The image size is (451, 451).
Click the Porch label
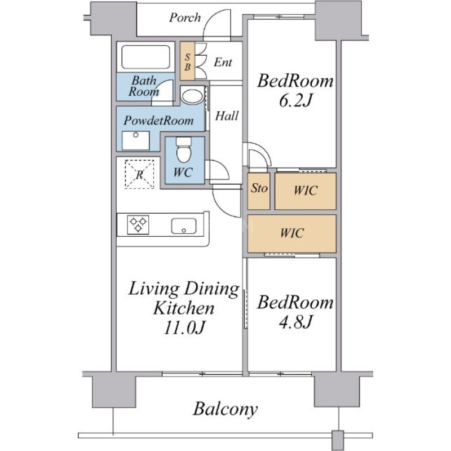tap(185, 18)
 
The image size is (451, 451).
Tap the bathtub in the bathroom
tap(145, 57)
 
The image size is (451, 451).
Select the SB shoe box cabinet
tap(187, 61)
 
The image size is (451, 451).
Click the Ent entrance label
tap(223, 62)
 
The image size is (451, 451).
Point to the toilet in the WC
tap(184, 149)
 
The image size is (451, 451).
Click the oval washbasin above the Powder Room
tap(192, 96)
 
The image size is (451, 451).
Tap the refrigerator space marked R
tap(139, 174)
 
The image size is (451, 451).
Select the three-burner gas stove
tap(138, 224)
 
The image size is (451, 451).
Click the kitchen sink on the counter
tap(184, 226)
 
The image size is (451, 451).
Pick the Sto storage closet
tap(259, 191)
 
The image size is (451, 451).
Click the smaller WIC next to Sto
tap(306, 191)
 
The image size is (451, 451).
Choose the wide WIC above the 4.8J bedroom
tap(291, 233)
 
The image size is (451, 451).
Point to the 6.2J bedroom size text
tap(295, 101)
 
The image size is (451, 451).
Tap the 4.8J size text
tap(295, 322)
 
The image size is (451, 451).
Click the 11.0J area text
tap(184, 328)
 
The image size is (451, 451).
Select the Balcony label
tap(225, 409)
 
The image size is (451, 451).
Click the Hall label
tap(227, 116)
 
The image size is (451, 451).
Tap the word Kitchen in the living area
tap(184, 308)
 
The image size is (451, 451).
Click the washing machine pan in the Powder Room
tap(136, 140)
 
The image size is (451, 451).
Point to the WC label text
tap(183, 173)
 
